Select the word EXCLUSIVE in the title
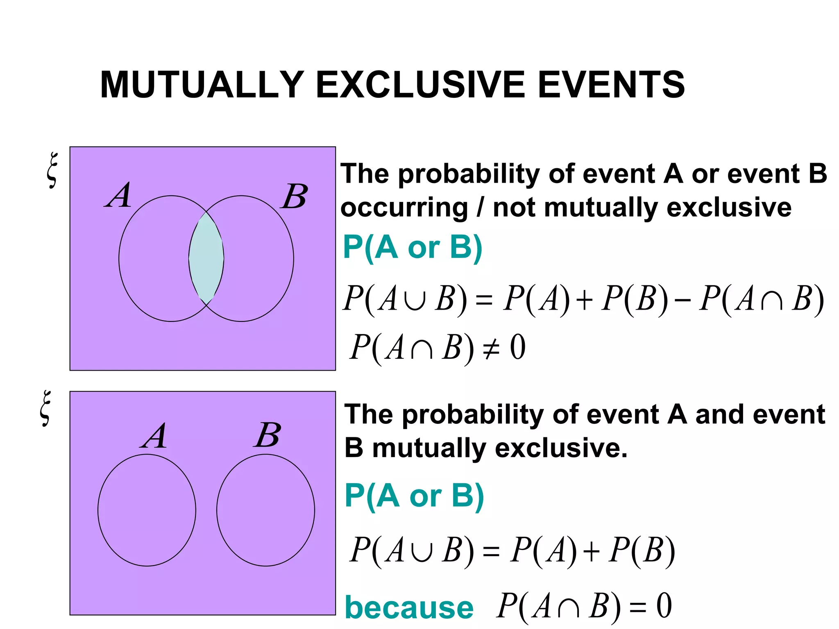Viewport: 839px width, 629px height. coord(420,85)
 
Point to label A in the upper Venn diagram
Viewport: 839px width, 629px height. coord(119,195)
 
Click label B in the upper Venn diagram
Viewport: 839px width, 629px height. coord(294,196)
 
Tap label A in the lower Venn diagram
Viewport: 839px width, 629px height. coord(154,437)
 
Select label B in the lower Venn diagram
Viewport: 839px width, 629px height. coord(267,435)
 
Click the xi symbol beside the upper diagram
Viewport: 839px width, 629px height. coord(52,170)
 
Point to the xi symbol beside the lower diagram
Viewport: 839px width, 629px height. coord(46,408)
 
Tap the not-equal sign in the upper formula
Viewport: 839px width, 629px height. coord(491,349)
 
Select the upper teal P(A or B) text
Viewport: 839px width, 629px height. coord(413,248)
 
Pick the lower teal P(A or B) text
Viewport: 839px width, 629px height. coord(414,496)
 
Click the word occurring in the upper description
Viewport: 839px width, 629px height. coord(404,208)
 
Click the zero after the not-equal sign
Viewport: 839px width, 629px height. coord(518,347)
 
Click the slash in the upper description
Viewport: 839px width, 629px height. coord(480,208)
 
